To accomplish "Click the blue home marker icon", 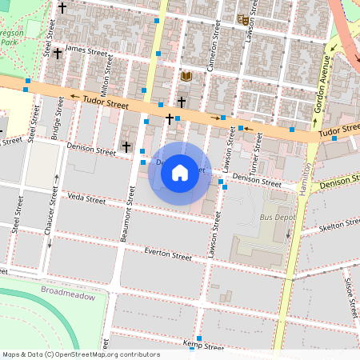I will point(180,173).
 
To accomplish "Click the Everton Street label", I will point(168,255).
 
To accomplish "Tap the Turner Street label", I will point(256,156).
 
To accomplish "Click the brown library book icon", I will point(186,76).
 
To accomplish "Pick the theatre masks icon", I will point(243,20).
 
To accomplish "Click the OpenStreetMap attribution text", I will point(80,354).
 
